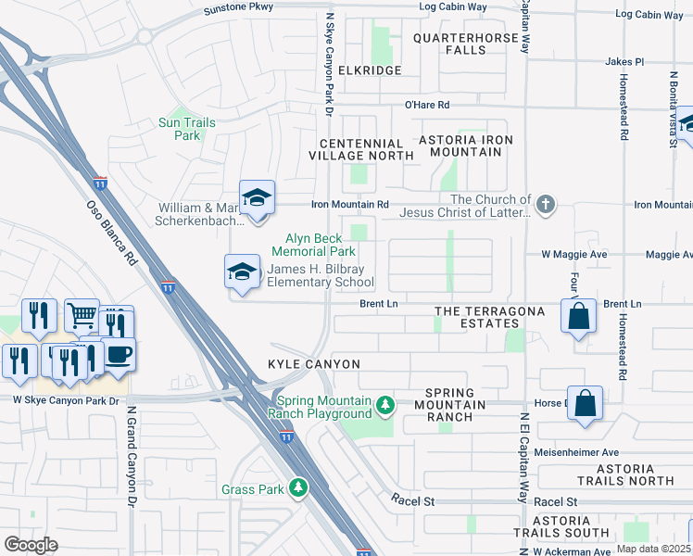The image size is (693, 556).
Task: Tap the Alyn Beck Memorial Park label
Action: pos(313,245)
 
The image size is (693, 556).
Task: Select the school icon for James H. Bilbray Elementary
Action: pos(243,272)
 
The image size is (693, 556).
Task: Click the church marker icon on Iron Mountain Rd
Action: pos(546,204)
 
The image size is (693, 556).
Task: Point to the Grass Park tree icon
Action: pos(297,487)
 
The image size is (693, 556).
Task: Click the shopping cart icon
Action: pos(82,317)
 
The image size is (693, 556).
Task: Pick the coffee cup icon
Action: pos(118,355)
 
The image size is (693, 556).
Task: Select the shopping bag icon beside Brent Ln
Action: pos(578,316)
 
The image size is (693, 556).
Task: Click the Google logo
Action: pos(31,545)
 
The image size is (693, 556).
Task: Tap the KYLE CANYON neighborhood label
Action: pos(313,365)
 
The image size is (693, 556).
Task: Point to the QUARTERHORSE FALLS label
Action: pos(462,44)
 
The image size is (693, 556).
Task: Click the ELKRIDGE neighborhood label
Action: pos(371,70)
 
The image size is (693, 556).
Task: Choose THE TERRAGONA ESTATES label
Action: pos(489,317)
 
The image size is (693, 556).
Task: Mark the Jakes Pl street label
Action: pos(624,61)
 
